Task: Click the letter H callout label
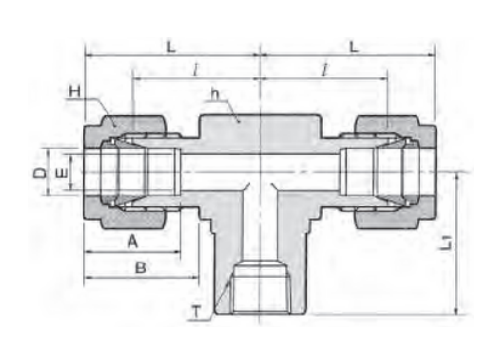point(75,90)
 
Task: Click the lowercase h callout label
point(216,94)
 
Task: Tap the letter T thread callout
point(197,312)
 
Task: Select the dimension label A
point(133,241)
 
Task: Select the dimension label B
point(141,268)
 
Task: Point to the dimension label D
point(40,173)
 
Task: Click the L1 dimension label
point(447,243)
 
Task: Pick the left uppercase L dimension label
point(171,47)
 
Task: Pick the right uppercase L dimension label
point(354,47)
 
